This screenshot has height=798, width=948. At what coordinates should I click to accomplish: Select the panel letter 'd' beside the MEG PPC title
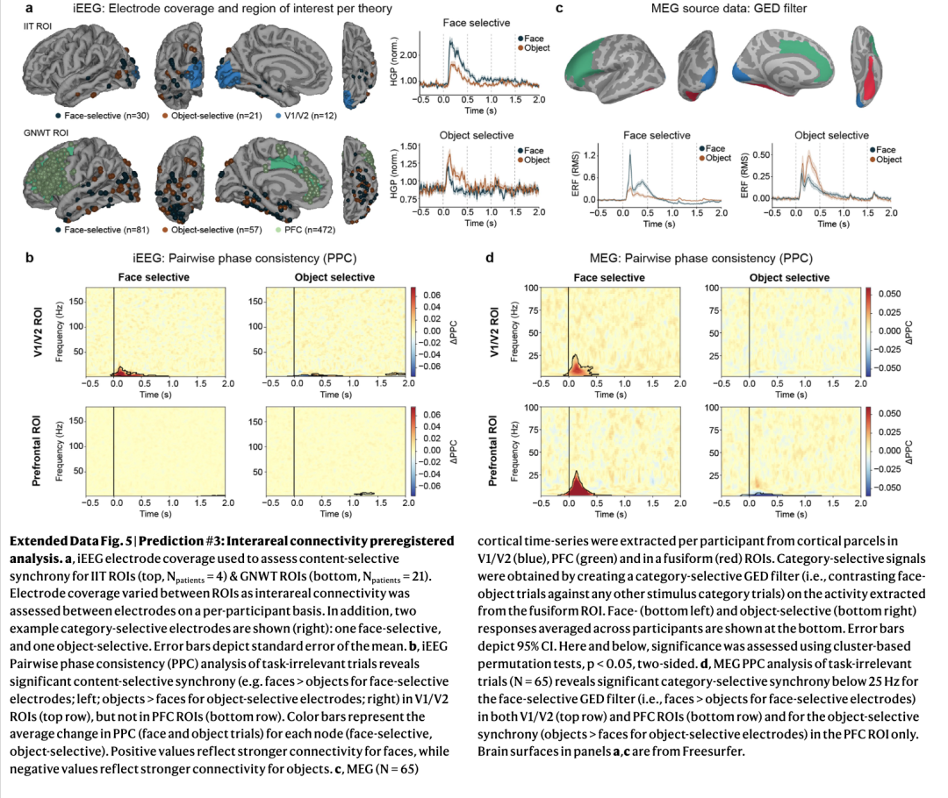pos(488,259)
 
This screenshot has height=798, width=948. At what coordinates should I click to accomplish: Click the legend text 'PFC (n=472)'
pos(311,230)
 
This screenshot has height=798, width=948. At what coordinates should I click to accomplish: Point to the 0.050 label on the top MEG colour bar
pos(889,294)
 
